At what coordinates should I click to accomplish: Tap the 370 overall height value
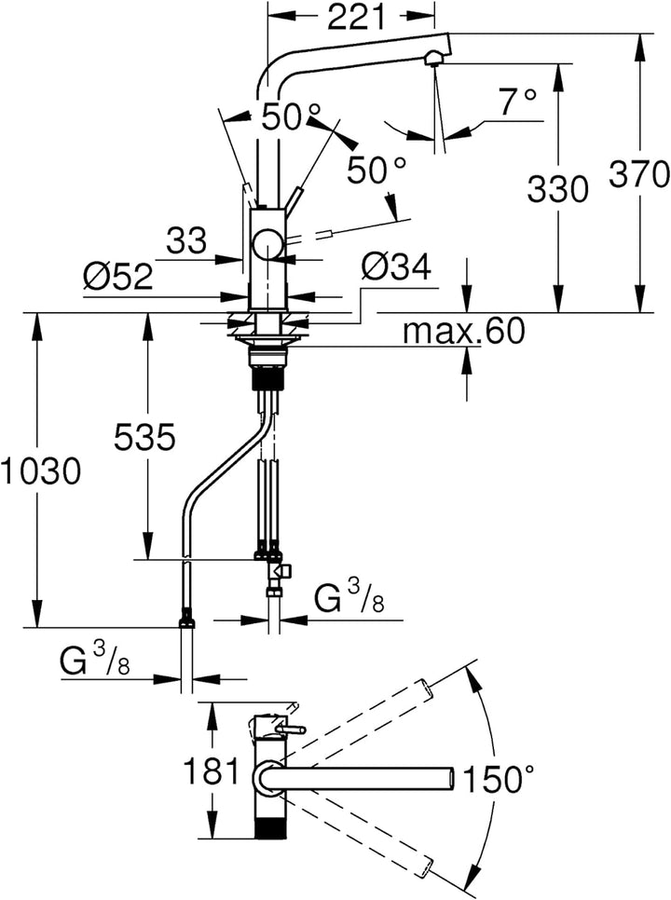(x=639, y=174)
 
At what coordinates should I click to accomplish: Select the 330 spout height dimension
(x=557, y=189)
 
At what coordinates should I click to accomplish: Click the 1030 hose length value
(x=40, y=471)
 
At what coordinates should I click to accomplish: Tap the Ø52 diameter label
(x=118, y=277)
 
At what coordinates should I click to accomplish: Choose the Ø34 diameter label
(x=396, y=266)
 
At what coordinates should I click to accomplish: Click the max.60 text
(x=463, y=331)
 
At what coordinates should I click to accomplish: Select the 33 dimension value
(x=186, y=240)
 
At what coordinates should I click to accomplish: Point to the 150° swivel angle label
(x=497, y=780)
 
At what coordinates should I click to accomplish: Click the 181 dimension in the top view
(x=212, y=770)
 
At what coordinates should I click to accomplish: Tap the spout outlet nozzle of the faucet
(x=435, y=58)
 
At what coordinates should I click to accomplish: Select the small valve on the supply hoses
(x=281, y=571)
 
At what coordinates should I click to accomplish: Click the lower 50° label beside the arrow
(x=376, y=170)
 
